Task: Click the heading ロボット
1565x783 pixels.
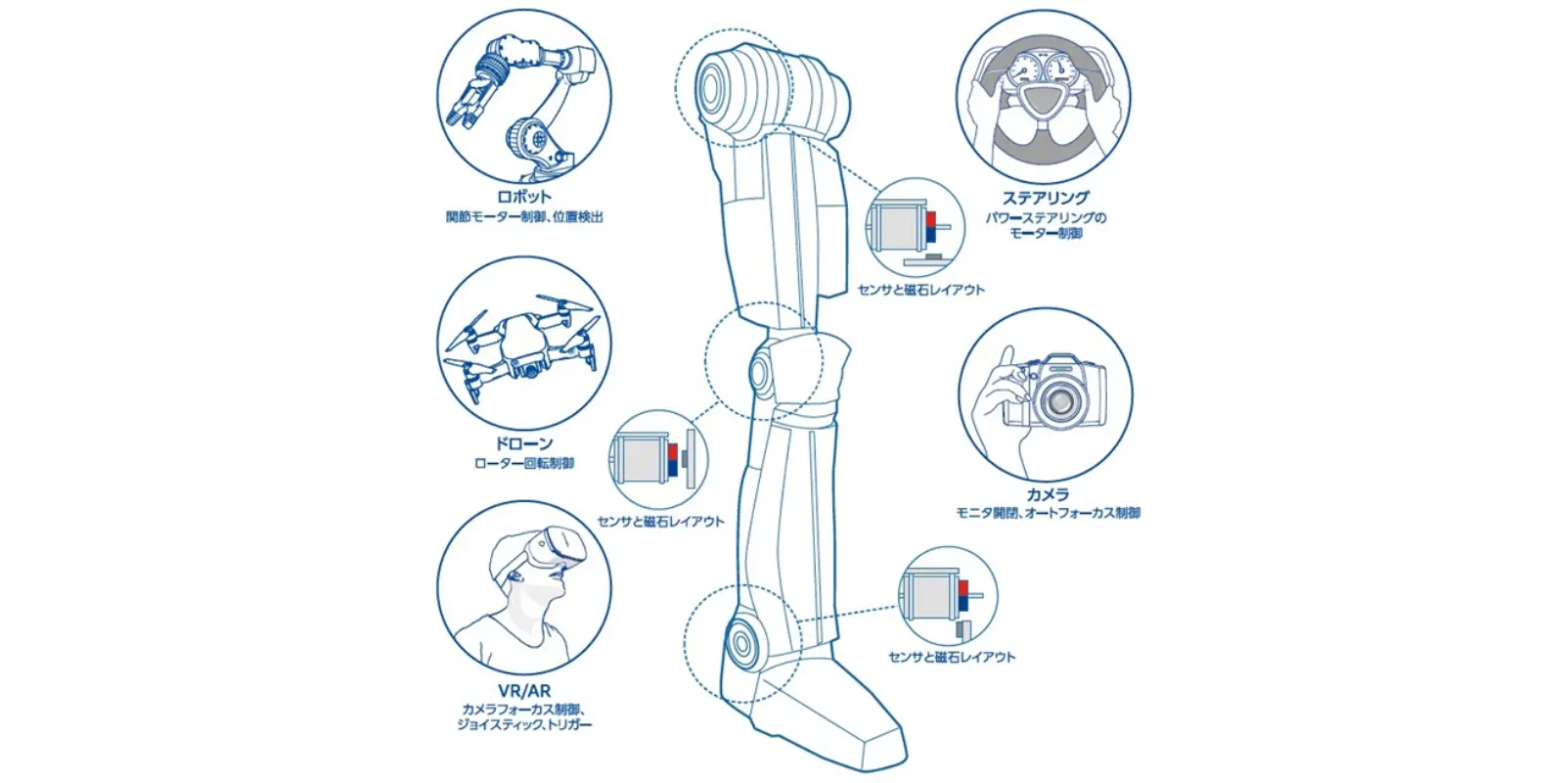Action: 523,196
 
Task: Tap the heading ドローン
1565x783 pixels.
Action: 523,443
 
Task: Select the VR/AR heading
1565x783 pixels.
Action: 523,691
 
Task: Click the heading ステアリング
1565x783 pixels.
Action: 1045,197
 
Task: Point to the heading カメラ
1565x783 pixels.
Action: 1047,494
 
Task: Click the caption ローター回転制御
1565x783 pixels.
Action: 523,463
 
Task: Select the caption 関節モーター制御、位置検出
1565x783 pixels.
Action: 524,216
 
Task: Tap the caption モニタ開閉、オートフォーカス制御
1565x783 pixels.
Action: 1048,513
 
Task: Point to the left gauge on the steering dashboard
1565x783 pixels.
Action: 1024,69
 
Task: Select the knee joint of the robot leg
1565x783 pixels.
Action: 763,368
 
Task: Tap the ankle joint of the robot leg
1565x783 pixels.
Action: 740,642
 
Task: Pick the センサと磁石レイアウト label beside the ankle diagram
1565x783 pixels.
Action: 951,657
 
